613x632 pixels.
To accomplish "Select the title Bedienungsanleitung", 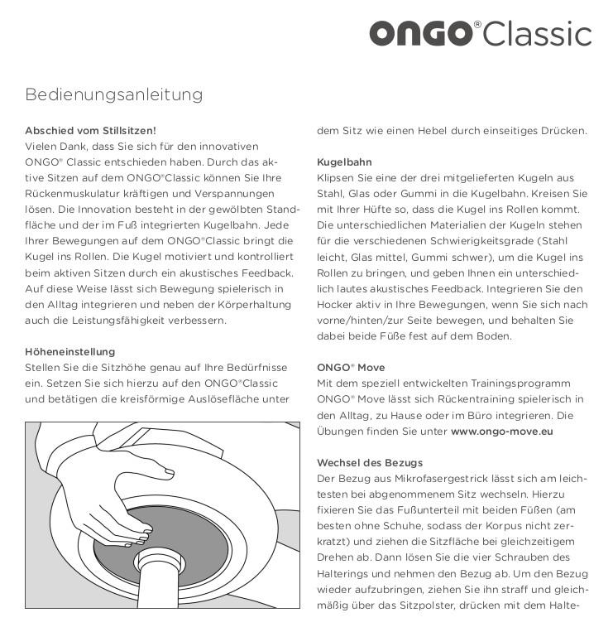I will (x=114, y=94).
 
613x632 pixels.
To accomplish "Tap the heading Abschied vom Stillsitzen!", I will (x=91, y=130).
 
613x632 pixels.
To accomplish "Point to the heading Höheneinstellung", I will (x=70, y=351).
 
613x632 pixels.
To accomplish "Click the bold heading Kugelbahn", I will (x=344, y=162).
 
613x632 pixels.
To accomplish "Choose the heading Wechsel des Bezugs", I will (x=370, y=461).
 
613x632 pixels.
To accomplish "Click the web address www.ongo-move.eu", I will (x=502, y=431).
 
